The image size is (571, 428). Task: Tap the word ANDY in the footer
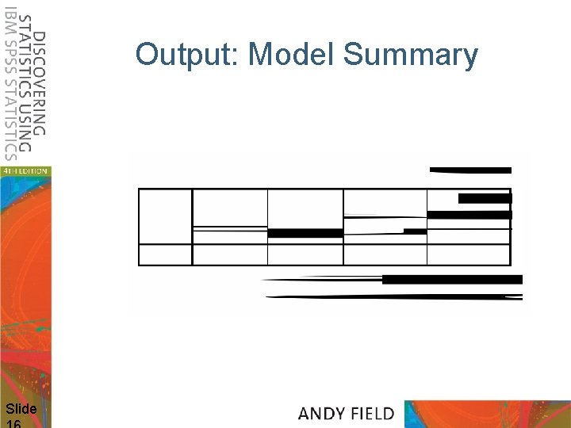coord(322,413)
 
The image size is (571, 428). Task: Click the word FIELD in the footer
coord(370,413)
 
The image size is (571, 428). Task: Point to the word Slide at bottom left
coord(21,409)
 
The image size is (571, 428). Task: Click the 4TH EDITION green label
coord(25,170)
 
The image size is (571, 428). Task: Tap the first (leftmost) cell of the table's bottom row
coord(166,254)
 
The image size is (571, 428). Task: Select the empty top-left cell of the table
coord(166,216)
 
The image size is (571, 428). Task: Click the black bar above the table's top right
coord(470,170)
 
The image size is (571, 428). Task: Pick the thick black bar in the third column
coord(305,233)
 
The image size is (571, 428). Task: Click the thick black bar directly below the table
coord(452,279)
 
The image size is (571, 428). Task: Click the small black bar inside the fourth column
coord(415,231)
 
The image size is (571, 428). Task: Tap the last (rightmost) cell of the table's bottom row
coord(468,254)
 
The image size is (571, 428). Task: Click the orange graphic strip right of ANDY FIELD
coord(487,413)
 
